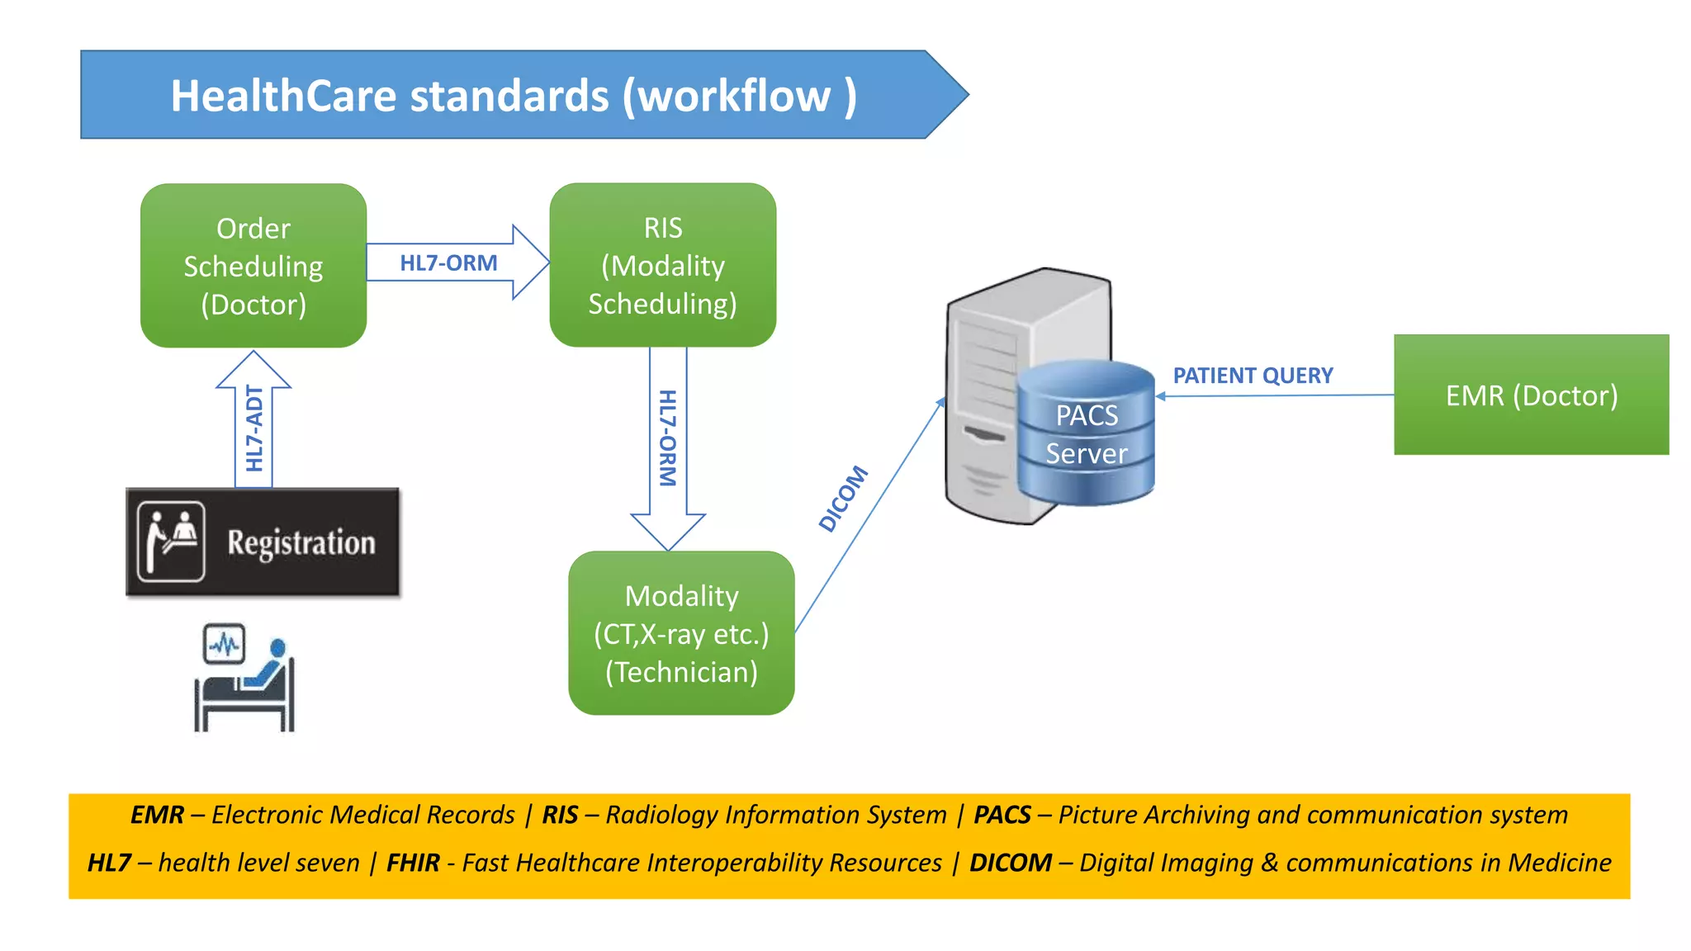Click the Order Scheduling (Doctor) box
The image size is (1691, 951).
tap(253, 266)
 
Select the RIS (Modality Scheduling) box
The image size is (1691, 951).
tap(662, 265)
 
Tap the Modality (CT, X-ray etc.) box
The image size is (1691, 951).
tap(681, 633)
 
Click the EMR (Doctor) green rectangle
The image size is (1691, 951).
tap(1531, 395)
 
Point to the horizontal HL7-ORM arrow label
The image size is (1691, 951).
tap(448, 263)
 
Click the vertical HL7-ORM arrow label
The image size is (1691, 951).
tap(667, 438)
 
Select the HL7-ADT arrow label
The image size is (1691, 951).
tap(254, 428)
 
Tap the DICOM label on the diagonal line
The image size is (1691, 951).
tap(843, 498)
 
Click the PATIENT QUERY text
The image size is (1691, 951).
tap(1253, 376)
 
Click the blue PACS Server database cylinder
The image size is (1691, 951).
tap(1086, 433)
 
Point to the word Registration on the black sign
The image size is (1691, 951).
tap(301, 543)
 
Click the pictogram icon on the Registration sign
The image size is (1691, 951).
tap(171, 542)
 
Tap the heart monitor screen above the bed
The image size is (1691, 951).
tap(224, 644)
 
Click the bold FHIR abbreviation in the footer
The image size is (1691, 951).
tap(413, 863)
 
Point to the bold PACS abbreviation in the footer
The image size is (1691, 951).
tap(1002, 815)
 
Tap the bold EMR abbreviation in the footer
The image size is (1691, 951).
tap(157, 815)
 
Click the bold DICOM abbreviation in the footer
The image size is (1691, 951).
tap(1010, 863)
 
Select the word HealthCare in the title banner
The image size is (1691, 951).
tap(283, 96)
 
